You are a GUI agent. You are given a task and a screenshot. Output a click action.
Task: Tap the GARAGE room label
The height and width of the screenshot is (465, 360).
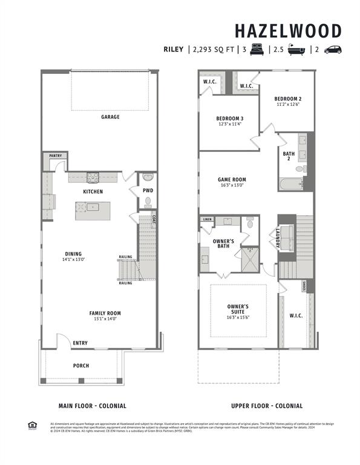pyautogui.click(x=110, y=117)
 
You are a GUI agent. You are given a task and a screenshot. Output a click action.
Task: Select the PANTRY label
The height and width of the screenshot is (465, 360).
pyautogui.click(x=55, y=156)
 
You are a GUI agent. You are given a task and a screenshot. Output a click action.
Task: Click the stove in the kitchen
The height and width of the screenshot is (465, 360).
pyautogui.click(x=93, y=177)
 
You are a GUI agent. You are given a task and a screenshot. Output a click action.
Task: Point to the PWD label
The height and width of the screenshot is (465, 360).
pyautogui.click(x=148, y=191)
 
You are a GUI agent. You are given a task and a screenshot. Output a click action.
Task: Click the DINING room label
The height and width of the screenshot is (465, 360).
pyautogui.click(x=74, y=254)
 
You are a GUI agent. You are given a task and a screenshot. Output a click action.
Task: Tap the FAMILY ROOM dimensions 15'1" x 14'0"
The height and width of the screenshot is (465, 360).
pyautogui.click(x=105, y=319)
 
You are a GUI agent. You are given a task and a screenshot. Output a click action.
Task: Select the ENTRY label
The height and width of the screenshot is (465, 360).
pyautogui.click(x=80, y=343)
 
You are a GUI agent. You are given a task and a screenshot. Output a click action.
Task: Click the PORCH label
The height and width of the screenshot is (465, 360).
pyautogui.click(x=81, y=366)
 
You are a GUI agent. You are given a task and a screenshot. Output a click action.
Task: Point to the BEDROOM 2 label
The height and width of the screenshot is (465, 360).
pyautogui.click(x=287, y=99)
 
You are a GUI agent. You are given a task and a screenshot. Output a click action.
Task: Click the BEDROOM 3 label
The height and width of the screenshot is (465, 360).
pyautogui.click(x=229, y=118)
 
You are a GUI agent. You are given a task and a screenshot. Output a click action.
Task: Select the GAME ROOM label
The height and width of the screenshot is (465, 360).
pyautogui.click(x=232, y=179)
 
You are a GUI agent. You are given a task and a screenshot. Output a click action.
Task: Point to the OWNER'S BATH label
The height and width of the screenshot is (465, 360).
pyautogui.click(x=223, y=245)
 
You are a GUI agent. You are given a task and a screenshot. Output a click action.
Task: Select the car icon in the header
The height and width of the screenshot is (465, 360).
pyautogui.click(x=333, y=50)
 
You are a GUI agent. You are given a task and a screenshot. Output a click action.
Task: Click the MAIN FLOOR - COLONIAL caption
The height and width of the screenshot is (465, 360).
pyautogui.click(x=92, y=406)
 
